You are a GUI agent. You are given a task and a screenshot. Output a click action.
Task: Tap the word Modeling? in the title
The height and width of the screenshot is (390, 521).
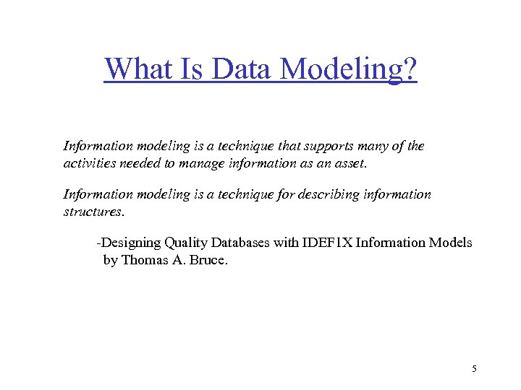pos(349,70)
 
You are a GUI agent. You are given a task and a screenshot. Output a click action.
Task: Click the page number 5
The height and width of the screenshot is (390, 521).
pos(474,369)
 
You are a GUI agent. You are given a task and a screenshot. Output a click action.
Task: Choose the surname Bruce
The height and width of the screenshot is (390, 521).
pos(208,260)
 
